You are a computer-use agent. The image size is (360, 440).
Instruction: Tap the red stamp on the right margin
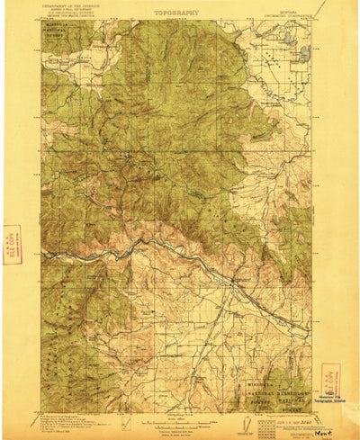pyautogui.click(x=330, y=377)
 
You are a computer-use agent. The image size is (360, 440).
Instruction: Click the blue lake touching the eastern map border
pyautogui.click(x=305, y=52)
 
